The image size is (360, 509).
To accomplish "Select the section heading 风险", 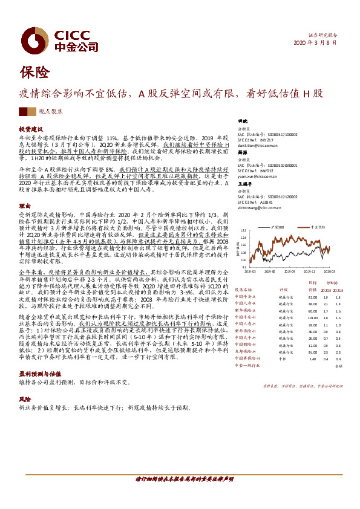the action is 24,400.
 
